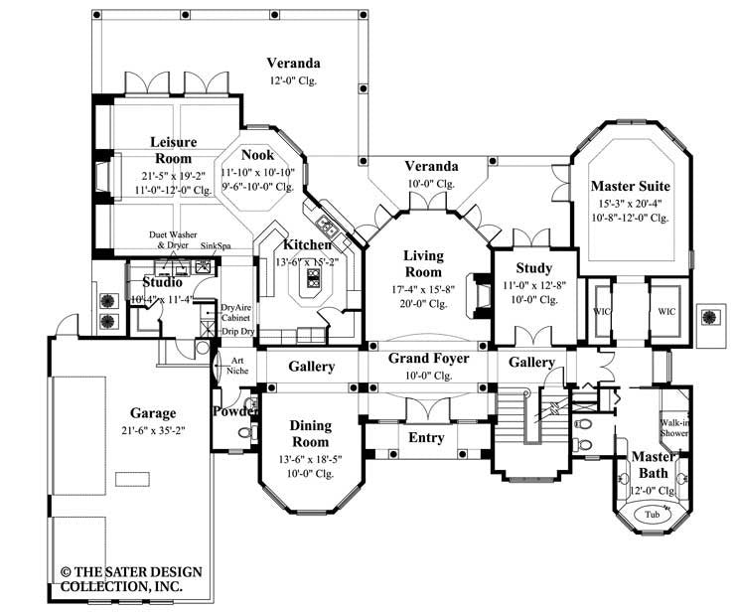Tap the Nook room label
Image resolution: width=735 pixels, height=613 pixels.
click(x=257, y=155)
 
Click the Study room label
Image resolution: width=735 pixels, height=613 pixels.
click(x=533, y=268)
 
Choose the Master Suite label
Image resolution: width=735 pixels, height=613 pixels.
click(x=630, y=186)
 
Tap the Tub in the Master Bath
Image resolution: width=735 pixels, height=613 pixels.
click(x=652, y=515)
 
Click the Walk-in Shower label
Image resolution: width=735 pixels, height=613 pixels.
click(x=675, y=427)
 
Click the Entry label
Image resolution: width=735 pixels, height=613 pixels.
click(x=426, y=438)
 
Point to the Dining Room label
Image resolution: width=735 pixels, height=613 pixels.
click(x=310, y=432)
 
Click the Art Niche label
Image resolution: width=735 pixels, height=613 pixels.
click(x=238, y=366)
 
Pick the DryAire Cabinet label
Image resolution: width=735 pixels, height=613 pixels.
click(x=235, y=314)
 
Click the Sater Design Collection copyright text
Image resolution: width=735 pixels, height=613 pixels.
click(x=129, y=579)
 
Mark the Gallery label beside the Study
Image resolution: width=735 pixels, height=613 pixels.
click(x=531, y=363)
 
